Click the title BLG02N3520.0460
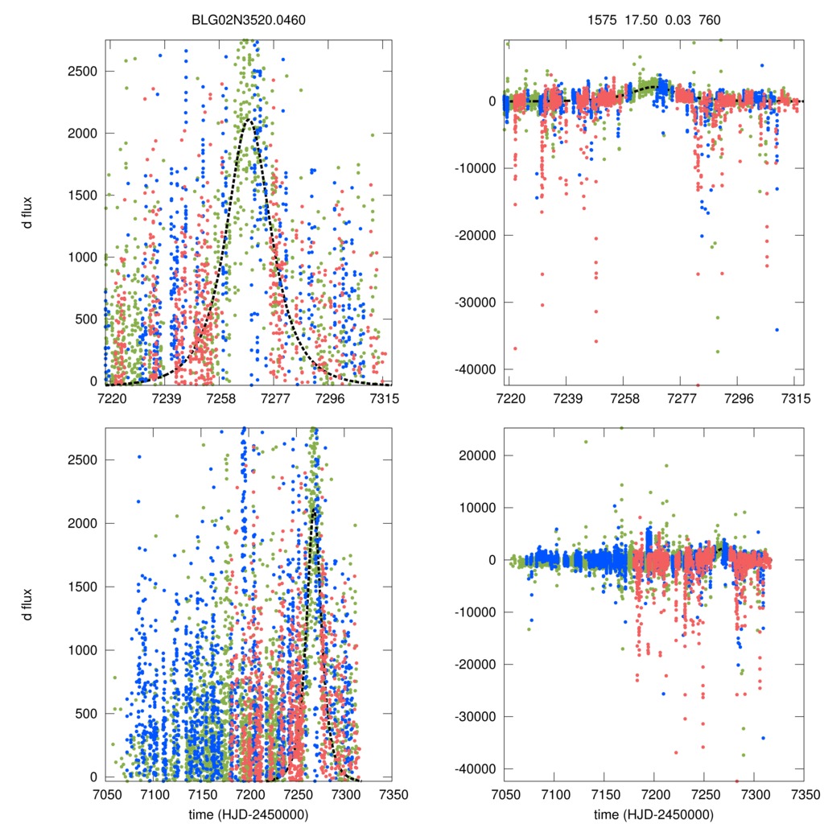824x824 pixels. click(249, 19)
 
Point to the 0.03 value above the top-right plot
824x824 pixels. click(671, 19)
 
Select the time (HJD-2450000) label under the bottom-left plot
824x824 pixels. click(249, 814)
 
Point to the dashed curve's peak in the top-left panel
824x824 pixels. click(249, 121)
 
